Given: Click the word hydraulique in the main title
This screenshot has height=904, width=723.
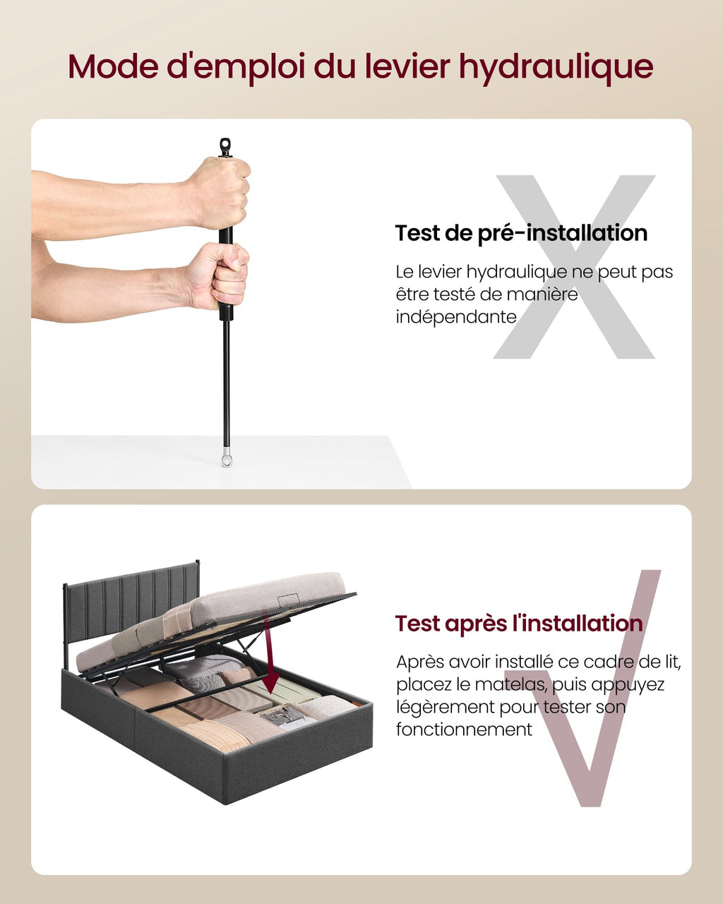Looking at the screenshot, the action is pyautogui.click(x=556, y=68).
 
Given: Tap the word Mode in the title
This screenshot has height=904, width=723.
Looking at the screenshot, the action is pyautogui.click(x=113, y=66).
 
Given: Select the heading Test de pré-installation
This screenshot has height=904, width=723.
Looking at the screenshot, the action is pyautogui.click(x=521, y=234).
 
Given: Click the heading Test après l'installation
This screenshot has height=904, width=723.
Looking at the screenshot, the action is pyautogui.click(x=519, y=623).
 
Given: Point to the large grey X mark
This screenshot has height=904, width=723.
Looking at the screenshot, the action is pyautogui.click(x=574, y=267).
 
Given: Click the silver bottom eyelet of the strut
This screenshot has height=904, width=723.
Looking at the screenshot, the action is pyautogui.click(x=227, y=458).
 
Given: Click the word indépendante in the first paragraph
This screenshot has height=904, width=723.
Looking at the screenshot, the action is pyautogui.click(x=456, y=316).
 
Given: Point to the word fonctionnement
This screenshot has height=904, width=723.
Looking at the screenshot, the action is pyautogui.click(x=464, y=730).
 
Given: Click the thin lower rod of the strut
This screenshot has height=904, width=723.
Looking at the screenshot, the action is pyautogui.click(x=226, y=382).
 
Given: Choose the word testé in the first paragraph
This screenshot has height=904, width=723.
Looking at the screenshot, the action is pyautogui.click(x=455, y=295).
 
